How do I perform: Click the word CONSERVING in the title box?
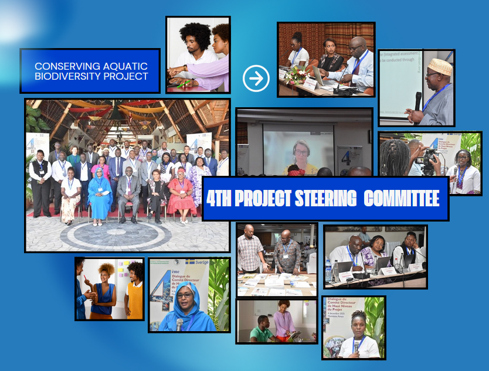tap(59, 67)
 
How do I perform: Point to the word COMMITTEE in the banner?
tap(402, 199)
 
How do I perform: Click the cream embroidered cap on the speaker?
tap(440, 67)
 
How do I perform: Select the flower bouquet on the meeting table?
tap(296, 75)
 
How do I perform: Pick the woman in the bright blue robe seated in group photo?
tap(100, 196)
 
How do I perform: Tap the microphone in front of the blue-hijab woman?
tap(179, 324)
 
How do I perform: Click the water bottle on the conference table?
tap(329, 271)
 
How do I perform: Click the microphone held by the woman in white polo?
tap(355, 345)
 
